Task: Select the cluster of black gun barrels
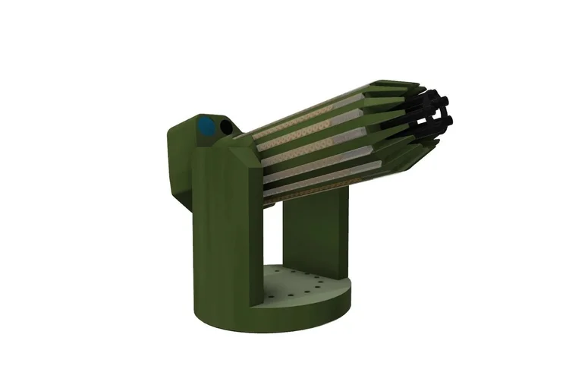(429, 118)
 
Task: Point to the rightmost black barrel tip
(448, 119)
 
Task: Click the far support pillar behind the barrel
(315, 235)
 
